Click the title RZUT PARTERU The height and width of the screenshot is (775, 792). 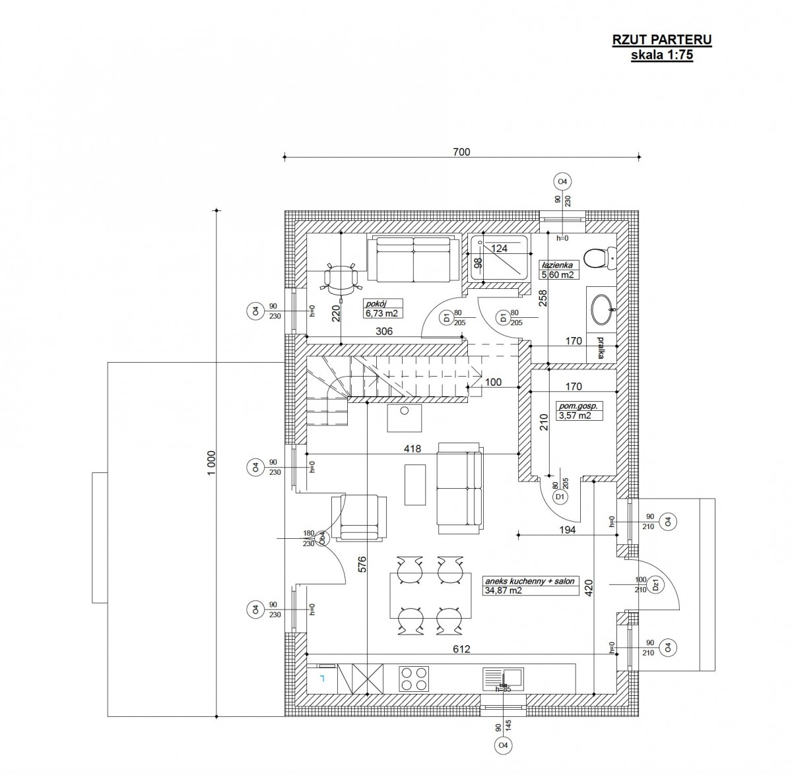pyautogui.click(x=662, y=40)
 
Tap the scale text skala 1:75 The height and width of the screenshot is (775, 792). pyautogui.click(x=662, y=55)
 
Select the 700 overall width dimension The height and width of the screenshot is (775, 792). pyautogui.click(x=461, y=152)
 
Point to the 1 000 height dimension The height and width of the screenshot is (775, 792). pyautogui.click(x=211, y=463)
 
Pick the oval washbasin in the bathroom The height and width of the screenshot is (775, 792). pyautogui.click(x=603, y=307)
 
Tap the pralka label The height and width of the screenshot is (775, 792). pyautogui.click(x=601, y=348)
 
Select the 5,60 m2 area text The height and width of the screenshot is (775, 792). pyautogui.click(x=558, y=275)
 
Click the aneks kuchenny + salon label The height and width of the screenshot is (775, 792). pyautogui.click(x=530, y=581)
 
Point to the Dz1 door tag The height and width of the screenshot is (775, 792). pyautogui.click(x=655, y=584)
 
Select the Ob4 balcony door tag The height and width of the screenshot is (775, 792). pyautogui.click(x=323, y=539)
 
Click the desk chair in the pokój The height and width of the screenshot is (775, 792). pyautogui.click(x=341, y=278)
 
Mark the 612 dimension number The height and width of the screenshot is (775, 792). pyautogui.click(x=461, y=649)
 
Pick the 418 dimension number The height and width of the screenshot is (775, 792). pyautogui.click(x=412, y=449)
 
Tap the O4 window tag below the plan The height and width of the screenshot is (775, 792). pyautogui.click(x=503, y=757)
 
